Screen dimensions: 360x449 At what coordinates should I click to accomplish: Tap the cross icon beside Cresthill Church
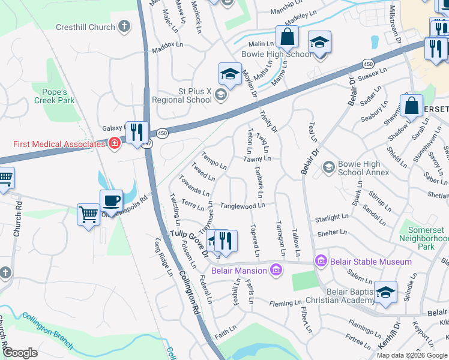[x=124, y=26]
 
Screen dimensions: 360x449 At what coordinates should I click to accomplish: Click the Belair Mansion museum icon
[x=276, y=271]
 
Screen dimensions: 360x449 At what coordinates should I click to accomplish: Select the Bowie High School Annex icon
[x=328, y=166]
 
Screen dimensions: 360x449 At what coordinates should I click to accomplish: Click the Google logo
[x=20, y=353]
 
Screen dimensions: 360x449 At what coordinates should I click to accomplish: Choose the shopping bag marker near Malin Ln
[x=288, y=37]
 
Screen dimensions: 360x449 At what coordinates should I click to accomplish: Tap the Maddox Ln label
[x=167, y=45]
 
